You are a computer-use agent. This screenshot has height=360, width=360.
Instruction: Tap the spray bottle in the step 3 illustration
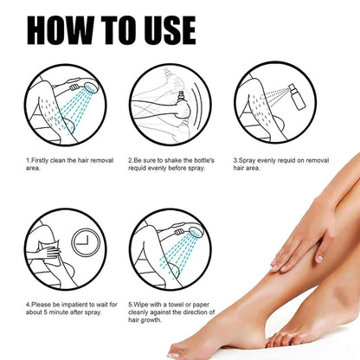298,97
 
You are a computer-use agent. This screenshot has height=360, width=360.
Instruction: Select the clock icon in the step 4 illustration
86,241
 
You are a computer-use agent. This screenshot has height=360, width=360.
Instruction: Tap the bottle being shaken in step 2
182,98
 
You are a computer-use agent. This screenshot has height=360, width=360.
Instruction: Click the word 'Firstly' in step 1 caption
40,160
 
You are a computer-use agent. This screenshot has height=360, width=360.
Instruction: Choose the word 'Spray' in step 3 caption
247,160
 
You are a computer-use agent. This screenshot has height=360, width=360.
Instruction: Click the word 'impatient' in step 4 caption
74,305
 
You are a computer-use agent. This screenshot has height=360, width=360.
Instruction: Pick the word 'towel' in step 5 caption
176,305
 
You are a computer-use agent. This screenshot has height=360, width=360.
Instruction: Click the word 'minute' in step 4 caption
58,312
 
